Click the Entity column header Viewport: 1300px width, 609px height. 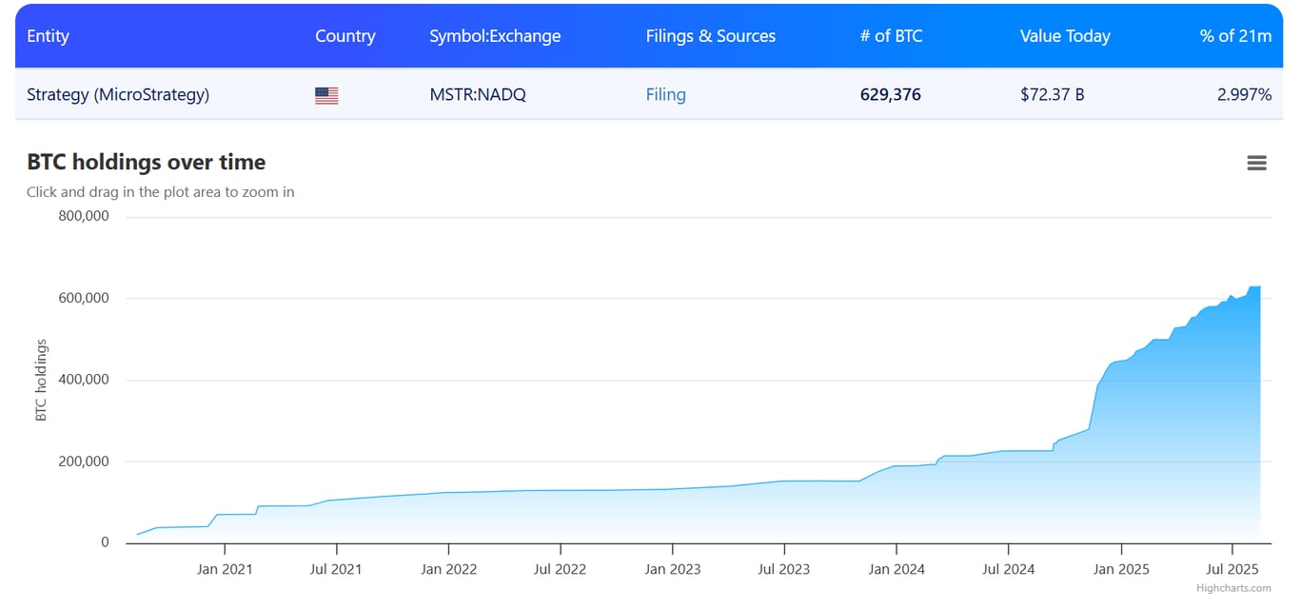coord(48,36)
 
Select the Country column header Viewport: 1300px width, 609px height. coord(345,36)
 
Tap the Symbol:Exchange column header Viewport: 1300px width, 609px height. coord(495,36)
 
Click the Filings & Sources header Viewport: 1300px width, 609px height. coord(710,36)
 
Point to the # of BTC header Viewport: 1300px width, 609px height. coord(890,36)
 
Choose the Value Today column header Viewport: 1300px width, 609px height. coord(1065,36)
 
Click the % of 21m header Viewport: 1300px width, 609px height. coord(1235,36)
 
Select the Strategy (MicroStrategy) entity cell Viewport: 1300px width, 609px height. coord(118,94)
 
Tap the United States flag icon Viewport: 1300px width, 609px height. coord(326,95)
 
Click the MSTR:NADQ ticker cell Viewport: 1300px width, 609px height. coord(478,94)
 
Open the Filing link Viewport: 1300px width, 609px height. coord(665,94)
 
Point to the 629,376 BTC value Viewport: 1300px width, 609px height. coord(890,94)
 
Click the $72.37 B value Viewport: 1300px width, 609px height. coord(1052,94)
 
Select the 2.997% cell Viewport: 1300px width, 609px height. coord(1244,94)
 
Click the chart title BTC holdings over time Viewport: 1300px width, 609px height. coord(146,162)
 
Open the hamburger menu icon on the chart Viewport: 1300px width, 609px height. coord(1256,163)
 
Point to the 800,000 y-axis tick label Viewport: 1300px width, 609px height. coord(84,216)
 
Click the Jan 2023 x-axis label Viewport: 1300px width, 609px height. coord(672,569)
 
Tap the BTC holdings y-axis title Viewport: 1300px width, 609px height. coord(41,380)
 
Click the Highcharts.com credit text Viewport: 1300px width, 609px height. coord(1233,588)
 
